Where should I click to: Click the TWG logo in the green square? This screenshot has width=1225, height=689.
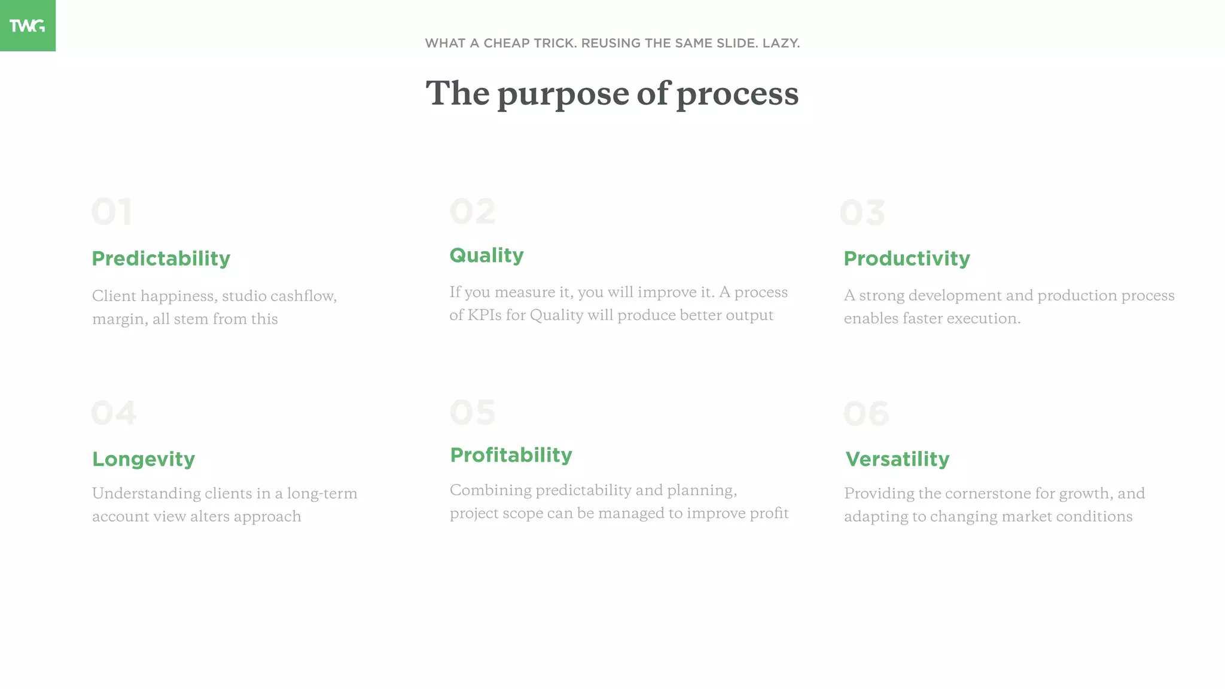(27, 26)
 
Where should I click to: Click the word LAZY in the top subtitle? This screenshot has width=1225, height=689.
(781, 43)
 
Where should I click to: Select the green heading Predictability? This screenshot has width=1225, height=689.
(161, 258)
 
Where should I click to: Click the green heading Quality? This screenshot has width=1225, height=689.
(486, 255)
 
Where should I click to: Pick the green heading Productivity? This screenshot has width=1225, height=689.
(907, 258)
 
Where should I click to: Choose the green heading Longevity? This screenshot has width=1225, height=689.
(144, 459)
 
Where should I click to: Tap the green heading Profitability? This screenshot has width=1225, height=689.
(511, 455)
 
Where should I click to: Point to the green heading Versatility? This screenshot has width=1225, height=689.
(897, 459)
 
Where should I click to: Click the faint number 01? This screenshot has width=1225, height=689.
(112, 212)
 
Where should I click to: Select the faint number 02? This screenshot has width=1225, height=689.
(473, 211)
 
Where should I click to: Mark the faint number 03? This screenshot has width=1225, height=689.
(862, 212)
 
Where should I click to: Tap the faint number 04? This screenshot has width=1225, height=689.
(114, 413)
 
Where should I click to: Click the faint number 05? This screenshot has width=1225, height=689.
(473, 412)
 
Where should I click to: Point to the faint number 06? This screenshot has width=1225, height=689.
(866, 413)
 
